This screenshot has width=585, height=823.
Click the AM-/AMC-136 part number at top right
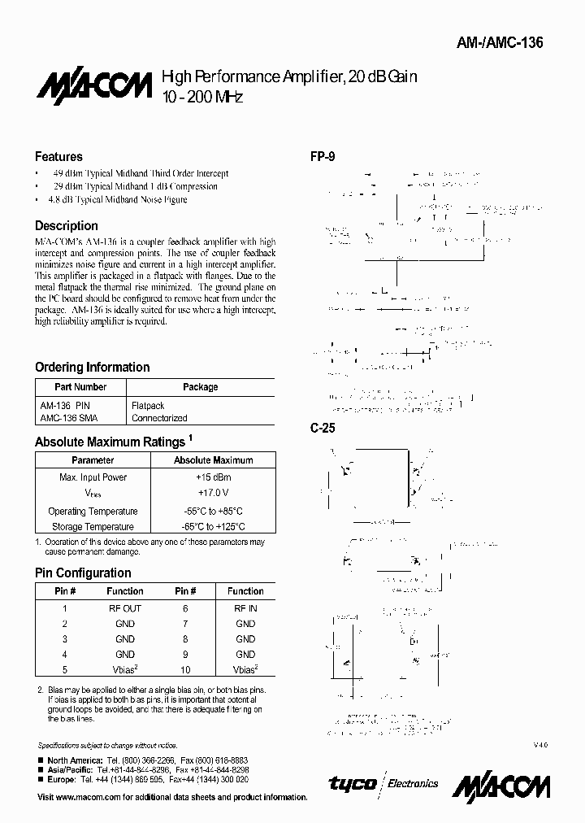[x=510, y=43]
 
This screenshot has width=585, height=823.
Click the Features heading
[x=58, y=156]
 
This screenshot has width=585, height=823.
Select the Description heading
[x=66, y=225]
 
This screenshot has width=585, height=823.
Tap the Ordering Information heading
[x=92, y=367]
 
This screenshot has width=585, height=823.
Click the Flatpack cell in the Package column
[x=148, y=405]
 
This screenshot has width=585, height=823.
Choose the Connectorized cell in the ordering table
[x=159, y=418]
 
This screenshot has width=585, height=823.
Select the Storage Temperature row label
[x=93, y=527]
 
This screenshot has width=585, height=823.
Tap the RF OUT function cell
[x=125, y=608]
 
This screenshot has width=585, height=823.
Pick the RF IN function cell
[x=245, y=608]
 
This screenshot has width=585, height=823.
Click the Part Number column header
[x=80, y=387]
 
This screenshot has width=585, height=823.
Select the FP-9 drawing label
[x=323, y=156]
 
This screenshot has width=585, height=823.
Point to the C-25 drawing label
[x=323, y=428]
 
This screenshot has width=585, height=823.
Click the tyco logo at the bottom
[x=352, y=783]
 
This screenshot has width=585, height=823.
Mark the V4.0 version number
[x=541, y=745]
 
